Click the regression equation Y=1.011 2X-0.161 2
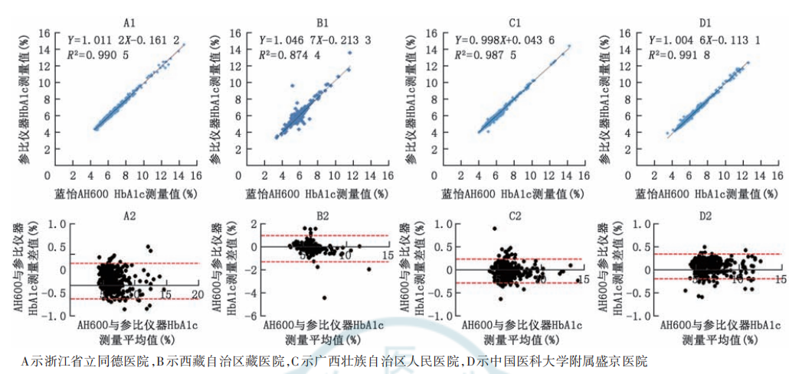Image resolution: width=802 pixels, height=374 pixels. pos(123,39)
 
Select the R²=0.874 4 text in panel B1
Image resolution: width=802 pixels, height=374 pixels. pos(290,55)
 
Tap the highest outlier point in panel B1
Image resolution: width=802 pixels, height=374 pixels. pos(349,53)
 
